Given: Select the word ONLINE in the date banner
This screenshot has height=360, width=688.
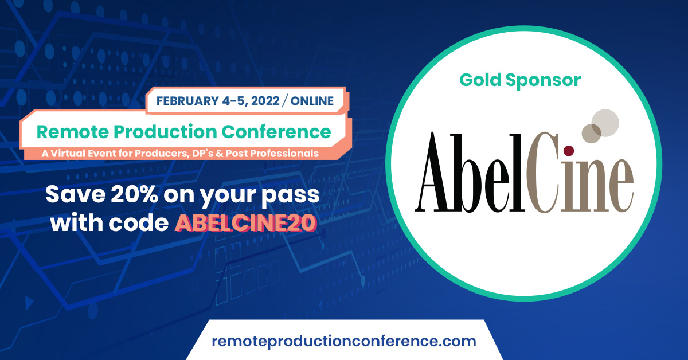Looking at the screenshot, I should click(312, 101).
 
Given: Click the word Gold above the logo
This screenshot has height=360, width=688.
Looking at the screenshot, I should click(480, 80).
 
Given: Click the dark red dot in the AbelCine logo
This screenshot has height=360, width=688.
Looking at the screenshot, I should click(569, 151).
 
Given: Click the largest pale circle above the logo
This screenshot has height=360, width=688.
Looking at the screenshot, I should click(605, 120).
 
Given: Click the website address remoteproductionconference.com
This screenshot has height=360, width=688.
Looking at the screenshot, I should click(344, 342).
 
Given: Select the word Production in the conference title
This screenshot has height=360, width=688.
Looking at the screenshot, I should click(171, 132).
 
